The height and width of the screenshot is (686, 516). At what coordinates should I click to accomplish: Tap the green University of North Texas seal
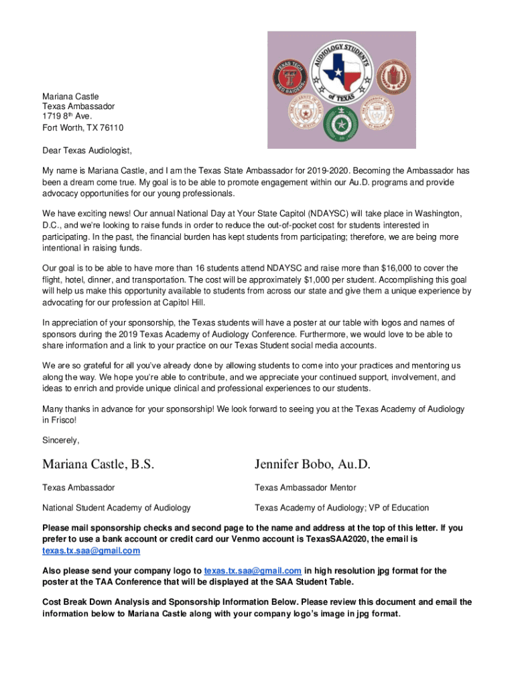tap(341, 123)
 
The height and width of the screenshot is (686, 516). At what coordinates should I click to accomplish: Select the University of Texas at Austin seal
tap(307, 113)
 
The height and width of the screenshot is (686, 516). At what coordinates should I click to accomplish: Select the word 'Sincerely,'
tap(61, 440)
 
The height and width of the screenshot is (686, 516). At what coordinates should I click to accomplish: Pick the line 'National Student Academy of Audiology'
tap(117, 508)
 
